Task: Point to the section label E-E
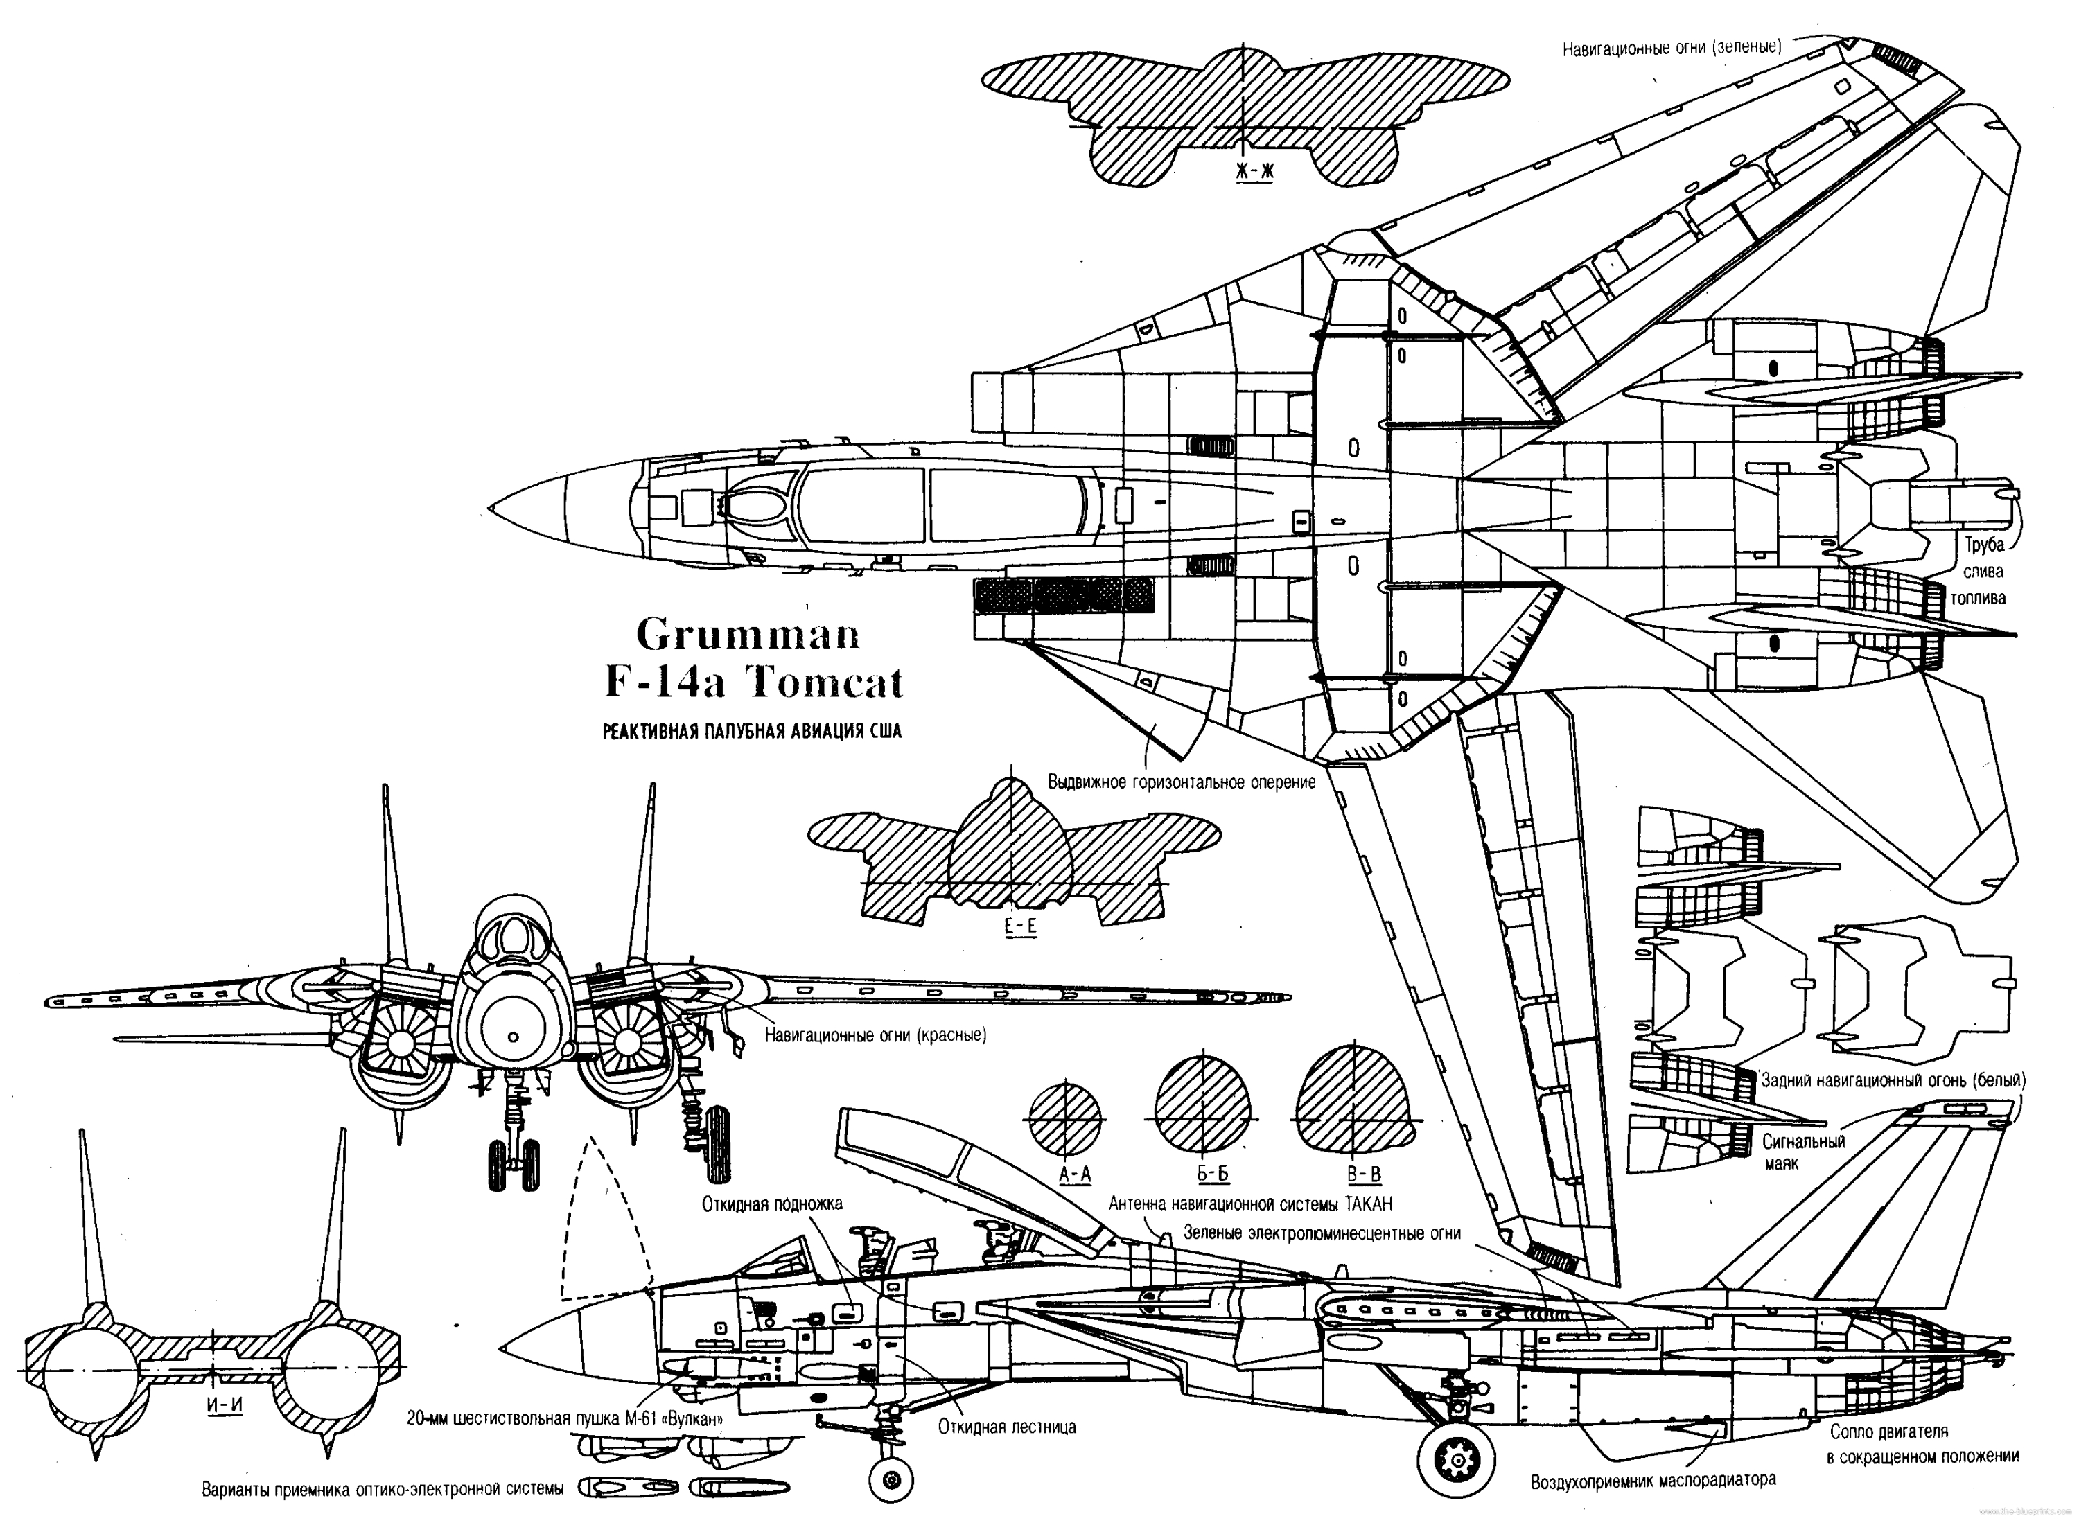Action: point(1019,926)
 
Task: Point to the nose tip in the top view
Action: point(491,508)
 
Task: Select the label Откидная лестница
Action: point(1007,1427)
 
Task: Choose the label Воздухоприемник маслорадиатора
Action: point(1653,1481)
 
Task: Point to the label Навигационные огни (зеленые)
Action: point(1672,47)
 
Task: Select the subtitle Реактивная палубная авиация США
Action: point(751,731)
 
